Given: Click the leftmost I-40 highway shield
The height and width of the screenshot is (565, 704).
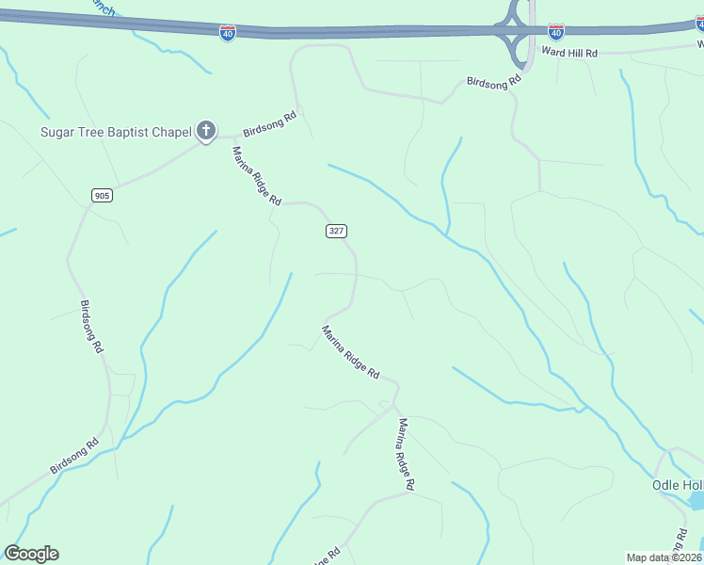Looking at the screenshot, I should (228, 33).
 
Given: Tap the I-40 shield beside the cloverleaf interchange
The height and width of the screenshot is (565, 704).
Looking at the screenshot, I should (555, 32).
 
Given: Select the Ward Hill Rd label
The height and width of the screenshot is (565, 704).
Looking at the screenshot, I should (569, 53).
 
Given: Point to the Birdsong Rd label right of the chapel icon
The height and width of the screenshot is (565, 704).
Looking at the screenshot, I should (270, 123).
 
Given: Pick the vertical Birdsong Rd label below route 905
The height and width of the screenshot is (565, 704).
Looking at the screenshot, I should (90, 326).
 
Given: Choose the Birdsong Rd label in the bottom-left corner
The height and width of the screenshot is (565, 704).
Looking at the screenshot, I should (74, 456).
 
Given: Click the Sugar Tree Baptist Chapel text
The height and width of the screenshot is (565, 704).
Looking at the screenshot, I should (116, 132).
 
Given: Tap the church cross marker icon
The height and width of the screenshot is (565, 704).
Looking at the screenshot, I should (206, 131).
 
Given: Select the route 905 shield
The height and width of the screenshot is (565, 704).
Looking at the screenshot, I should (103, 195).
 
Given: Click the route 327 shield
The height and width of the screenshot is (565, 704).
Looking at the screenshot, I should (337, 231).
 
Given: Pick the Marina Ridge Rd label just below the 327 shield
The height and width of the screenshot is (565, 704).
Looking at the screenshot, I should (350, 352).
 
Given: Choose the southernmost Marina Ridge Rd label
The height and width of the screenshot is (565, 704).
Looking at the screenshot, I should (406, 455).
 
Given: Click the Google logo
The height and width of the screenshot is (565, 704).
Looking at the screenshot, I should (31, 554).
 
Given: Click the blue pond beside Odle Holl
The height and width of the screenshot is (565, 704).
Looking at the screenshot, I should (696, 501).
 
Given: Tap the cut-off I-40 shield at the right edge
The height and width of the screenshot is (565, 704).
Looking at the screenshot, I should (699, 23).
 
